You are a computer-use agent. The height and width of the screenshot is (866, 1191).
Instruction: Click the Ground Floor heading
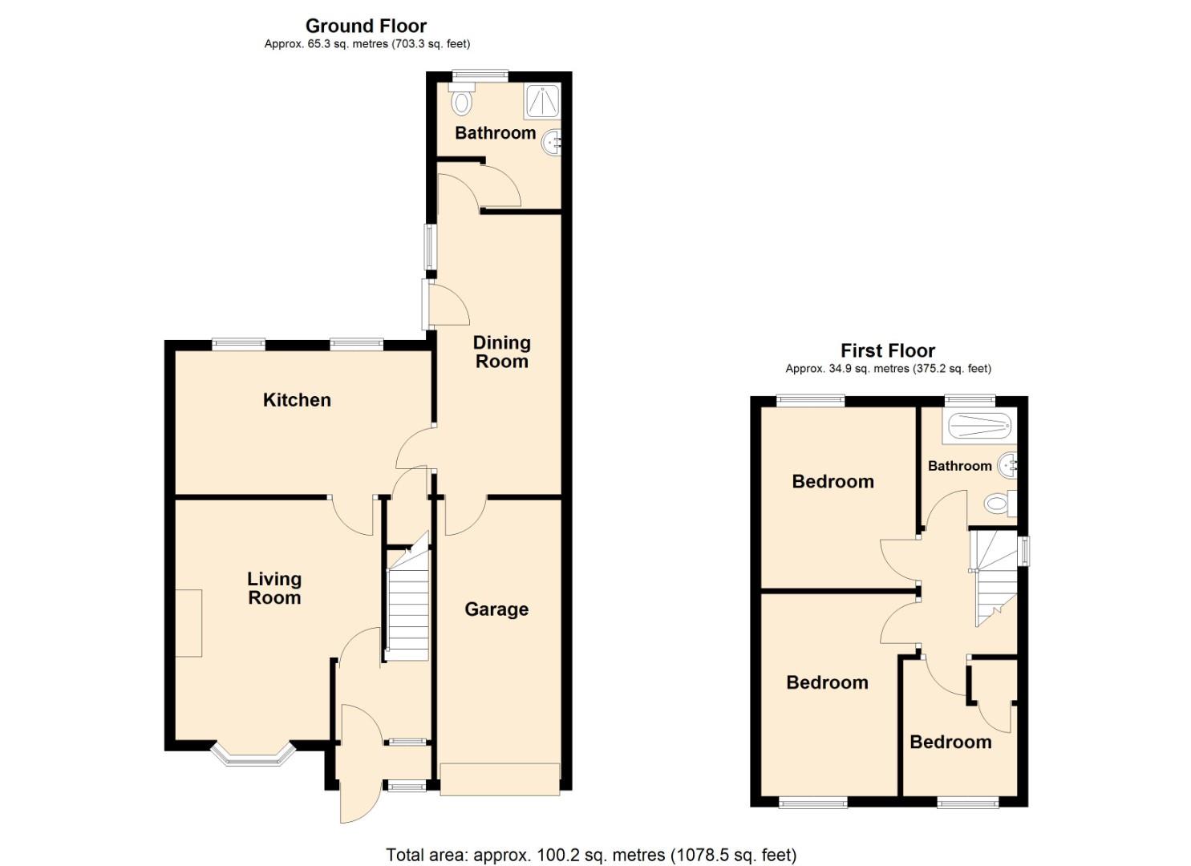click(366, 26)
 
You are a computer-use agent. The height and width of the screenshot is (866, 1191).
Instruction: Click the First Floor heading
click(887, 350)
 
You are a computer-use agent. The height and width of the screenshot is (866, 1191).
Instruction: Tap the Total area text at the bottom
click(591, 855)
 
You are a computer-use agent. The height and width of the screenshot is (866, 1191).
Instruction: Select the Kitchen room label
click(297, 399)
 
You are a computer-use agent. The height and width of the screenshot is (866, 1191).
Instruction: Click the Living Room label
click(274, 588)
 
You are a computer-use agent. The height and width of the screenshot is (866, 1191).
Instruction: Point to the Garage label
click(496, 609)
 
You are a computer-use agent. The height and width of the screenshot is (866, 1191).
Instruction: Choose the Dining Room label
click(501, 352)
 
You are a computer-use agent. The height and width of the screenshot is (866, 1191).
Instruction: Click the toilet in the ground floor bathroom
click(462, 101)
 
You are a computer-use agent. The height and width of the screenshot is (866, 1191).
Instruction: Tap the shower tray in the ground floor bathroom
click(542, 101)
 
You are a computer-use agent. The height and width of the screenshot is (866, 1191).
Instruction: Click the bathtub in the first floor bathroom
click(977, 424)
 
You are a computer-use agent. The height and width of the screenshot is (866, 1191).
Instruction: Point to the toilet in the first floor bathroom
click(998, 504)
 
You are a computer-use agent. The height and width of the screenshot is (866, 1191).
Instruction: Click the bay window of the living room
click(253, 756)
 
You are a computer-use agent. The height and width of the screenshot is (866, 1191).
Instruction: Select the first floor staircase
click(993, 577)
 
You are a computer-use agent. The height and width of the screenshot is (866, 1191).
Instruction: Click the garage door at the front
click(499, 779)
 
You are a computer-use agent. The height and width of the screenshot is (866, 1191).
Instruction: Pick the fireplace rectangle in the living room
click(188, 623)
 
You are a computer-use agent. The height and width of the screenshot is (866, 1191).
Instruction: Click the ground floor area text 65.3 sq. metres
click(367, 45)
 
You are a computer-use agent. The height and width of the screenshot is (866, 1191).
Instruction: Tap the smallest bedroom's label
click(950, 742)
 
